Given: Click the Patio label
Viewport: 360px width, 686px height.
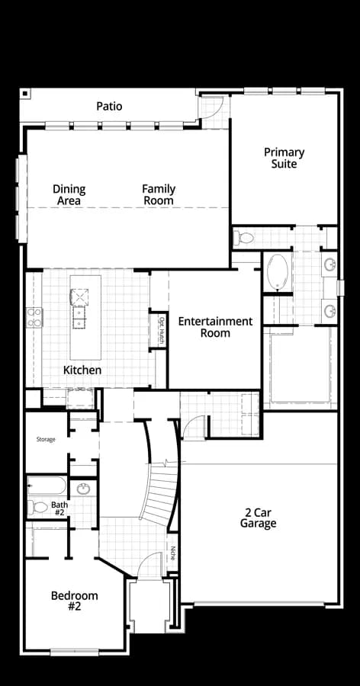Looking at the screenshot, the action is pos(109,106).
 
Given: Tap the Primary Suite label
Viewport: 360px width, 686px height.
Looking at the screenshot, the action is pos(284,158).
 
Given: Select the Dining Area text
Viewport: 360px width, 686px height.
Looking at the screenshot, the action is pos(69,194).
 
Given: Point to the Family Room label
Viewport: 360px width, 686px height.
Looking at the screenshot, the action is pos(159,194).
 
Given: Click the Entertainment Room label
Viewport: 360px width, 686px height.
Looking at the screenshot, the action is pos(216,327).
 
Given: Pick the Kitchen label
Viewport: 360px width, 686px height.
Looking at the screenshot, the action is pos(82,370).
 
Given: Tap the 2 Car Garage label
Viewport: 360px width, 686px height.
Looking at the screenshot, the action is pos(258,518).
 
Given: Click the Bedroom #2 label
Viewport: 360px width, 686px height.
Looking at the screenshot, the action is pos(75,601).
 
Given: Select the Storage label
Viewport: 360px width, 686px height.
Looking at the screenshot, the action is pos(46,439).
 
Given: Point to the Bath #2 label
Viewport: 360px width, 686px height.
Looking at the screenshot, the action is pos(59,508).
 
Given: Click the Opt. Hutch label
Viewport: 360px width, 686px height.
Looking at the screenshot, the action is pos(161,330).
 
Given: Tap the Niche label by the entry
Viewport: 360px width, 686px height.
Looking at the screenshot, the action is pos(173,553).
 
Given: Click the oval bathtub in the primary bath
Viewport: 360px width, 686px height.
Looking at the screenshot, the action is pos(278,272).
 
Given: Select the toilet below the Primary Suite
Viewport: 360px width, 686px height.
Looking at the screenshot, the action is pos(243,239).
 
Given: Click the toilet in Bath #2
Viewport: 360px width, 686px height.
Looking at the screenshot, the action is pos(37,507).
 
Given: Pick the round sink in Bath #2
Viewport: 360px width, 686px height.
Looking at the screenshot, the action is pos(83,489).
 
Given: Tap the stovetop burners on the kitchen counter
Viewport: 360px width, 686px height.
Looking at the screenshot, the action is pos(34,318).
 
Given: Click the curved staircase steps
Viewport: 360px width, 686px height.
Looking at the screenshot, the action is pos(160,493).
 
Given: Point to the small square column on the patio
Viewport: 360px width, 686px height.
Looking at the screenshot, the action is pos(25,93).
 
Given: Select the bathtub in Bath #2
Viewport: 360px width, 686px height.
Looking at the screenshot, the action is pos(47,486).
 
